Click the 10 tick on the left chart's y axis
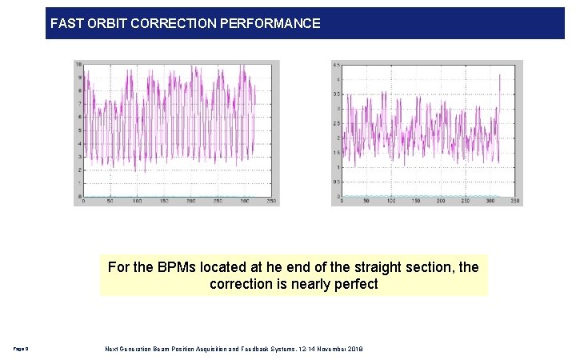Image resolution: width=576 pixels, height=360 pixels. pos(78,64)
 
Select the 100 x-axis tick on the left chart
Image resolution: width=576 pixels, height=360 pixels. pos(137,201)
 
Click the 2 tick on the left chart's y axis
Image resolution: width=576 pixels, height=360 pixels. pos(78,170)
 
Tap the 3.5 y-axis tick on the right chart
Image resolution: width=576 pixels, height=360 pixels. pos(337,94)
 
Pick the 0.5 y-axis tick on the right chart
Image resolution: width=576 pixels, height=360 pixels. pos(337,182)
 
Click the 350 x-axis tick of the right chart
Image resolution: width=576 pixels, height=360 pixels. pos(514,201)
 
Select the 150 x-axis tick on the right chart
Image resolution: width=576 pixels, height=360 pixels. pos(415,201)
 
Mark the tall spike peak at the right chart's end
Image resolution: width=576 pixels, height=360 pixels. pos(499,75)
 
